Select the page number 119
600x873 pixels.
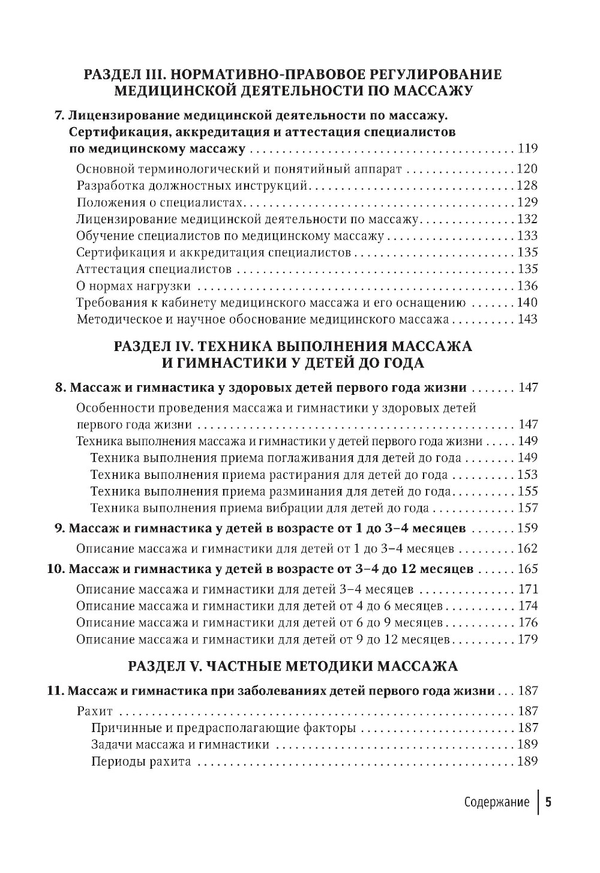click(x=527, y=149)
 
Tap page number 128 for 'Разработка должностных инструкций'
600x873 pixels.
click(x=527, y=185)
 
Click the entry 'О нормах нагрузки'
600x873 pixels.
click(x=134, y=286)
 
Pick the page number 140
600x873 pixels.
click(x=527, y=302)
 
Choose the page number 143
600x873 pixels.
click(x=527, y=319)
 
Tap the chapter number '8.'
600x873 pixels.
click(x=60, y=388)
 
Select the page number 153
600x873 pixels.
click(x=527, y=475)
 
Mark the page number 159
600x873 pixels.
click(x=527, y=529)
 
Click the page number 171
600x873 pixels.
click(x=527, y=589)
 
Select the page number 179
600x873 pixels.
click(x=527, y=639)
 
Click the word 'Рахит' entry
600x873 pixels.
click(x=95, y=712)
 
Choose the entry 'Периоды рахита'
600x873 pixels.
click(x=141, y=762)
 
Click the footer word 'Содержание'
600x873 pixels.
click(x=497, y=803)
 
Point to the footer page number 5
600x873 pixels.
click(x=548, y=803)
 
